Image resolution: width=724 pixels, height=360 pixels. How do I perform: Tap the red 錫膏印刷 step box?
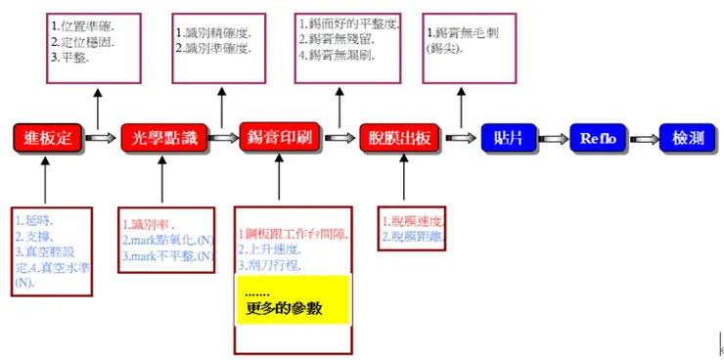pos(280,138)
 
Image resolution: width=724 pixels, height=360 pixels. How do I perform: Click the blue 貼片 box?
pos(508,138)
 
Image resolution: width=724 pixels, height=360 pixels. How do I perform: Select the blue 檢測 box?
pos(688,138)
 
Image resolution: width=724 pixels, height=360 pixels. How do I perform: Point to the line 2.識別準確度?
pos(211,48)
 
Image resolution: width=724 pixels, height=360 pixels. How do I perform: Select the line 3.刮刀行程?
pos(269,265)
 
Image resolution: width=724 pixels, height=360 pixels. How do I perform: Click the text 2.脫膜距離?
pos(414,237)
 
